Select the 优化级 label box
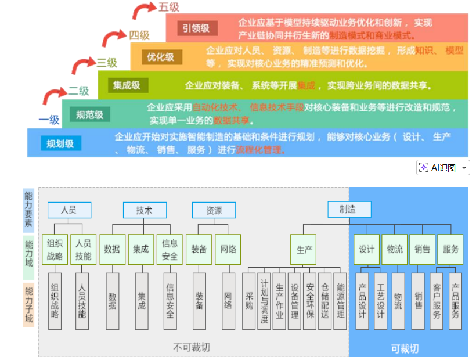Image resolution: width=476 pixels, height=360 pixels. [x=161, y=57]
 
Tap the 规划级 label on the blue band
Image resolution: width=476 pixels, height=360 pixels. [x=61, y=143]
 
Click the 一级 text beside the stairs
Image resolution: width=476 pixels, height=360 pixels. [x=49, y=120]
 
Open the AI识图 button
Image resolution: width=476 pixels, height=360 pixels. [x=443, y=168]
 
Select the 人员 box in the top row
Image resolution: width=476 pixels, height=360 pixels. [x=68, y=210]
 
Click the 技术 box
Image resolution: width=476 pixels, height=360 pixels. [x=144, y=210]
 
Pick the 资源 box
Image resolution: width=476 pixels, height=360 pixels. [x=214, y=210]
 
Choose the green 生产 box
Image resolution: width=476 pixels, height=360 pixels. [x=305, y=250]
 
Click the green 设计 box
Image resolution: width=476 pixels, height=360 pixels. [x=367, y=249]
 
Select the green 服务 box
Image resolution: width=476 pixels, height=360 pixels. [x=451, y=249]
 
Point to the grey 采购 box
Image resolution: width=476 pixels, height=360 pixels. [x=249, y=301]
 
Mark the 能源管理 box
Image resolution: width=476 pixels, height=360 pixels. [x=341, y=301]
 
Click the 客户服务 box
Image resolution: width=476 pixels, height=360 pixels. [x=437, y=301]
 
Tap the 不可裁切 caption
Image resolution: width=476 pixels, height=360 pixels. [x=192, y=347]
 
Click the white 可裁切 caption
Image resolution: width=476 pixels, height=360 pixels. [x=405, y=348]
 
